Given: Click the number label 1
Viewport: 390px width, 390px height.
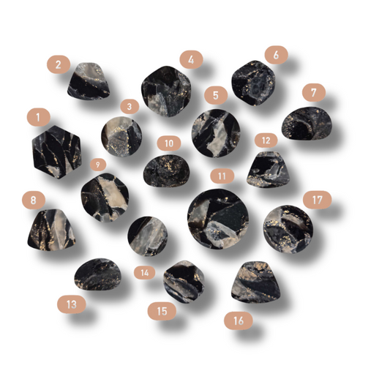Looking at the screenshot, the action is pyautogui.click(x=39, y=117).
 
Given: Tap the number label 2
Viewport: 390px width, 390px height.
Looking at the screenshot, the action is pyautogui.click(x=59, y=64).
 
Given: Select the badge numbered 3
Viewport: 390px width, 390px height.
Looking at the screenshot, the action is pyautogui.click(x=130, y=106).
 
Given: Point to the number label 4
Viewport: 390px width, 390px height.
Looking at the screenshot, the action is pyautogui.click(x=191, y=60).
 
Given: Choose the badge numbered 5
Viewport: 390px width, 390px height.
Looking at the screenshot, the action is pyautogui.click(x=216, y=95).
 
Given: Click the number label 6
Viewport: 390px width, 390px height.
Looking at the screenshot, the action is pyautogui.click(x=276, y=55).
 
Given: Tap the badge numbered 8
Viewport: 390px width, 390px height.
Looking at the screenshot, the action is pyautogui.click(x=34, y=200).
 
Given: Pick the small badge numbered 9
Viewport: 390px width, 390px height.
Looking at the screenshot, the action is pyautogui.click(x=98, y=165).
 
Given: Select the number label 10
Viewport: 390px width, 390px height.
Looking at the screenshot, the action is pyautogui.click(x=169, y=143).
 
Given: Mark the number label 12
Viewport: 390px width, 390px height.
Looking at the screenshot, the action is pyautogui.click(x=266, y=140).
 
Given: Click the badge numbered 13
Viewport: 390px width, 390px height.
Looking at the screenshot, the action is pyautogui.click(x=72, y=304).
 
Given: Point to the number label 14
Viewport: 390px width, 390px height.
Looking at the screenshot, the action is pyautogui.click(x=144, y=273).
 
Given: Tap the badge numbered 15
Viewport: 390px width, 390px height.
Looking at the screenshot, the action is pyautogui.click(x=162, y=311).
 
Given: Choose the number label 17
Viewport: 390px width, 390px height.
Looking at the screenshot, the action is pyautogui.click(x=317, y=200).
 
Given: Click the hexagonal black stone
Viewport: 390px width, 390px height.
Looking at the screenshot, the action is pyautogui.click(x=57, y=152).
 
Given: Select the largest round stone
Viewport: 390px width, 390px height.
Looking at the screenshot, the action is pyautogui.click(x=218, y=219).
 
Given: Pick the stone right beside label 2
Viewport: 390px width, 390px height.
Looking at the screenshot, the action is pyautogui.click(x=89, y=81).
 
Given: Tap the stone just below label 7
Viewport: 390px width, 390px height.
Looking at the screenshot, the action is pyautogui.click(x=307, y=124).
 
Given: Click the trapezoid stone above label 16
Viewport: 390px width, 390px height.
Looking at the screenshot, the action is pyautogui.click(x=256, y=282).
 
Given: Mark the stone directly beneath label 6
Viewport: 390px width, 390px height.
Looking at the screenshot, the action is pyautogui.click(x=253, y=83).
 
